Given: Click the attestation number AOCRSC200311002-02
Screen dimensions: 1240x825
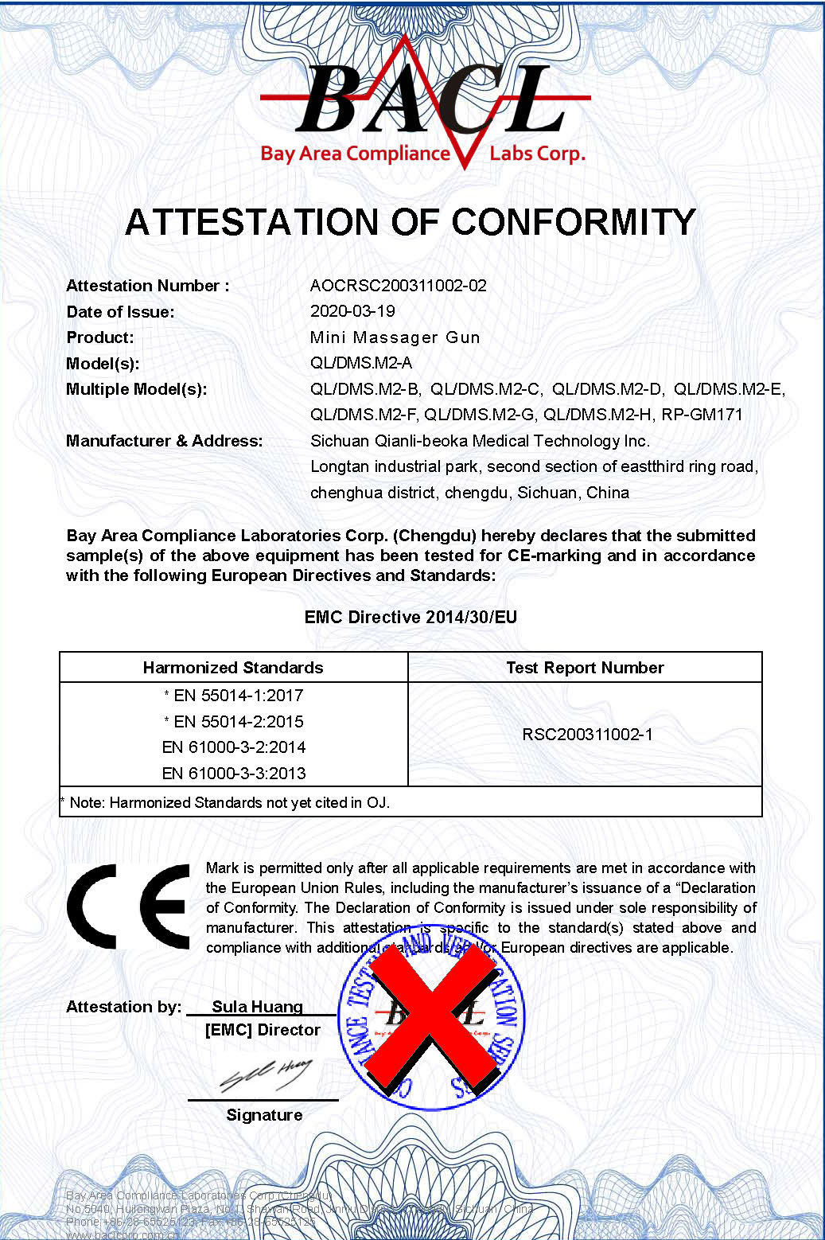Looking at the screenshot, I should (398, 286).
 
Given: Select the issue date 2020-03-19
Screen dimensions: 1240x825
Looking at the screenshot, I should (352, 311).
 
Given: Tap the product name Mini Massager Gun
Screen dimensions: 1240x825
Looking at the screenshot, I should (395, 337).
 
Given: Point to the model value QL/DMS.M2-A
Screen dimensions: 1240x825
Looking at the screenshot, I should (361, 363).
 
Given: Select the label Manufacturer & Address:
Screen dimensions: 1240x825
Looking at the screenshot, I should (164, 441).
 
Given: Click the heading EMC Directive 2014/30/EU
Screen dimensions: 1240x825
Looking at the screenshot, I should (411, 617).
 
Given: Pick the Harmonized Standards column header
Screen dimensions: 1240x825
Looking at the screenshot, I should (233, 668).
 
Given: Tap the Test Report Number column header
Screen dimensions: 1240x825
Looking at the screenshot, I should (585, 668).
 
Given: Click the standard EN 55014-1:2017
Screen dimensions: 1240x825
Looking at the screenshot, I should (238, 696).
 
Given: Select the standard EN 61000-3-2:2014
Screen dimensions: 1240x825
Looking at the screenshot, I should (234, 747).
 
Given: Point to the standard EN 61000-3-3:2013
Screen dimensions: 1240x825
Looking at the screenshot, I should (234, 774).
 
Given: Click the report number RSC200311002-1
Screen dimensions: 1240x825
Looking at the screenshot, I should (587, 734).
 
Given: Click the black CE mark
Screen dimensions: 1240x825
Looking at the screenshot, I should (128, 907).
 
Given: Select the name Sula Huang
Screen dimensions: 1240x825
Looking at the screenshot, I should (257, 1007).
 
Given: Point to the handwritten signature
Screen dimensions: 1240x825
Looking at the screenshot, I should (266, 1075).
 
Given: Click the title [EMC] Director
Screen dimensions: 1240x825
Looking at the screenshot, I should (263, 1030).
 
